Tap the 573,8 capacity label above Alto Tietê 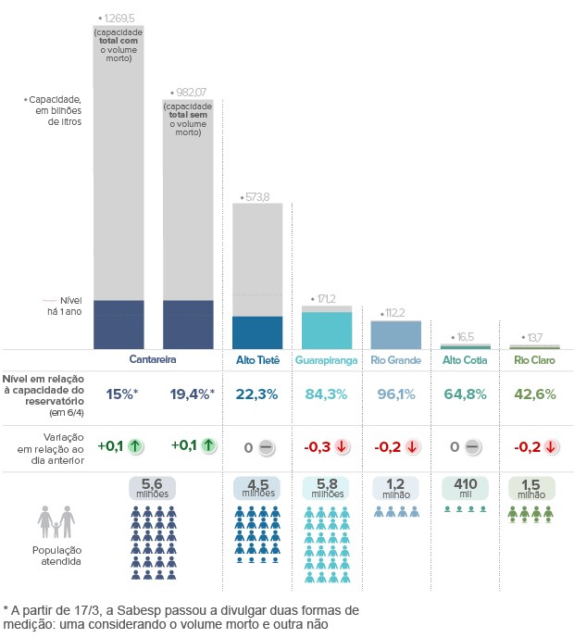click(x=256, y=197)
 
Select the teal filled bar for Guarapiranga click(x=327, y=330)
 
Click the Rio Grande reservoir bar click(x=395, y=334)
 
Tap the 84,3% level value click(x=326, y=394)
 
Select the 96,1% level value click(x=395, y=394)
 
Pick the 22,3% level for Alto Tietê click(x=256, y=394)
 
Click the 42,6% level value click(x=534, y=394)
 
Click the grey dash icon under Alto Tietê click(x=266, y=447)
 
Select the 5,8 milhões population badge click(x=326, y=487)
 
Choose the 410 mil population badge click(x=465, y=487)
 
